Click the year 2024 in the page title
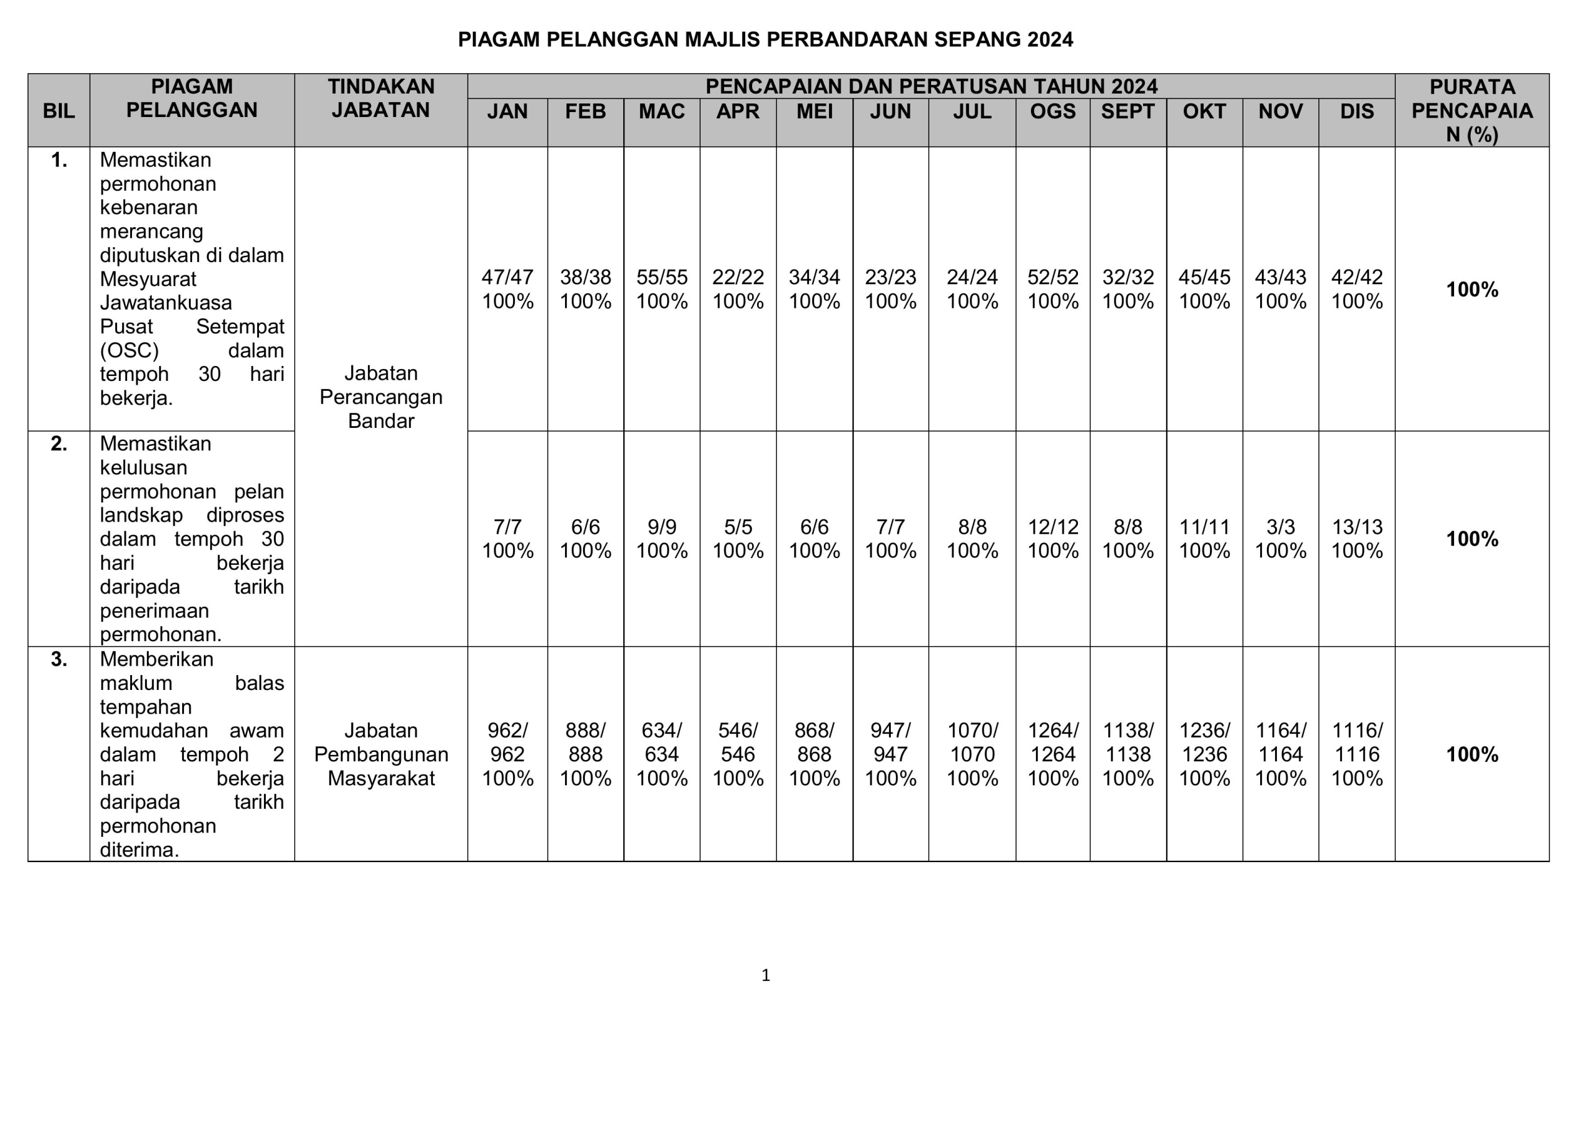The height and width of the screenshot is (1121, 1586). [1050, 40]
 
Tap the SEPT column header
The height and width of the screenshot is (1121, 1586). [1128, 111]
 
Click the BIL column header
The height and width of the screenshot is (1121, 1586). [59, 111]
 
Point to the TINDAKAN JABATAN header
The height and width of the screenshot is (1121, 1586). [380, 98]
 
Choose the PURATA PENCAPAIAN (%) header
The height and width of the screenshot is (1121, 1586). [1471, 110]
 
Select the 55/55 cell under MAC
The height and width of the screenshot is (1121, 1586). [662, 277]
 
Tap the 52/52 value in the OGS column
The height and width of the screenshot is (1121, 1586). [1053, 277]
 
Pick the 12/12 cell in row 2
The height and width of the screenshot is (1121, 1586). [1053, 528]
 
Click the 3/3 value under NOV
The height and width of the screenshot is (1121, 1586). [1280, 528]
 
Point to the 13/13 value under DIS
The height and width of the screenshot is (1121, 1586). [1357, 528]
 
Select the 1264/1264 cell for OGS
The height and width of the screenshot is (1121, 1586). [1053, 743]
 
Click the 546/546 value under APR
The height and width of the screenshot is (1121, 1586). [738, 743]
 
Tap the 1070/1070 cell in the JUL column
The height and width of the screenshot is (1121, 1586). [972, 743]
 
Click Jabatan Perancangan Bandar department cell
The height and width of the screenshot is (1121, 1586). [380, 397]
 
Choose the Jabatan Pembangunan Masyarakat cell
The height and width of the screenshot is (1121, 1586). [380, 754]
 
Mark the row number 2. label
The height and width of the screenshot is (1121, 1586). [59, 444]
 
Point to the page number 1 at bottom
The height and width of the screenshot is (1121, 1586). [765, 975]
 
